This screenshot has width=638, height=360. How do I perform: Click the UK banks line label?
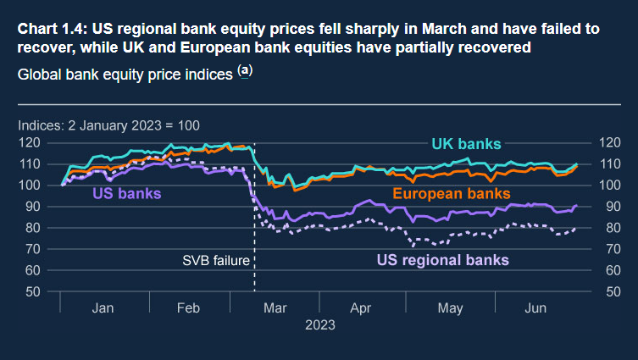(x=466, y=145)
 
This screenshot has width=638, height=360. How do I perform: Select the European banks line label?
(x=451, y=195)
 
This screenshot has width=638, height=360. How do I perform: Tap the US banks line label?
(x=125, y=195)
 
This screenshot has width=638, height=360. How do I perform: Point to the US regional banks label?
(x=442, y=258)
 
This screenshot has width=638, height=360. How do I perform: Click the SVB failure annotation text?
(x=217, y=260)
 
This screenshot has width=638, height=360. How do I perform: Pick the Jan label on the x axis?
(x=103, y=307)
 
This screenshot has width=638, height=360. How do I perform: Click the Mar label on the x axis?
(x=276, y=307)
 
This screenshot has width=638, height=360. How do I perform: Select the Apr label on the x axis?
(x=362, y=307)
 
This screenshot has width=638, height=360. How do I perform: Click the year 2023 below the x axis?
(x=319, y=325)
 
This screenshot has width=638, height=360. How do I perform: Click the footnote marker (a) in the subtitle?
(x=245, y=71)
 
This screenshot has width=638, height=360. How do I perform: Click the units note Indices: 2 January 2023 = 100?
(x=108, y=125)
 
